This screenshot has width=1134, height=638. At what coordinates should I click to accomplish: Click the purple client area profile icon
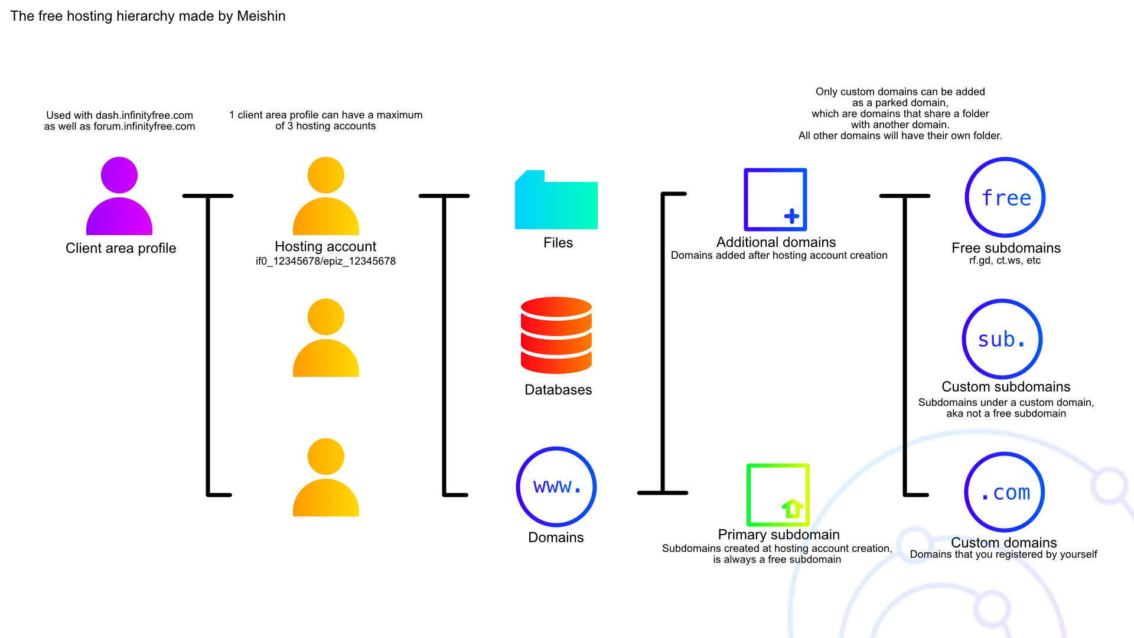coord(119,196)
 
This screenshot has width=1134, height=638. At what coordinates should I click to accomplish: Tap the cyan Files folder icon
coord(556,201)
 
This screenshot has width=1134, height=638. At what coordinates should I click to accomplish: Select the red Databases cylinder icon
coord(556,335)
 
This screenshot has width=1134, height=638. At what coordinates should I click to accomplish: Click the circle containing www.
coord(556,486)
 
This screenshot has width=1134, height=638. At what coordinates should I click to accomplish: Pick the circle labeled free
coord(1005,197)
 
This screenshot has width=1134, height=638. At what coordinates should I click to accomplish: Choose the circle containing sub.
coord(1002,339)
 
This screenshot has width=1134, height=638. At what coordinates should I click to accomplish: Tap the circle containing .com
coord(1005,492)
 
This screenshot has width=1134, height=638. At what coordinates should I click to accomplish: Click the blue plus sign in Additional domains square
coord(791,216)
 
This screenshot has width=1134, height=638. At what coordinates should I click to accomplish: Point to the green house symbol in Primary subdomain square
coord(793,508)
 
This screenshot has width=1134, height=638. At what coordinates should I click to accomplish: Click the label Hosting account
coord(325,246)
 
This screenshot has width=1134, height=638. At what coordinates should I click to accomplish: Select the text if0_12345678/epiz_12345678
coord(325,261)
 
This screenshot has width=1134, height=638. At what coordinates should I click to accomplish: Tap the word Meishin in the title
coord(261,16)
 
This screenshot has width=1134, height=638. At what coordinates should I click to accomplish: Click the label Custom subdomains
coord(1006,386)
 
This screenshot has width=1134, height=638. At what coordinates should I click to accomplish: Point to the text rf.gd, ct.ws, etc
coord(1005,261)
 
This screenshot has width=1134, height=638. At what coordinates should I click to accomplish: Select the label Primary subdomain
coord(778,535)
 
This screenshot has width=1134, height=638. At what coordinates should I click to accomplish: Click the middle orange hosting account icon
coord(326,338)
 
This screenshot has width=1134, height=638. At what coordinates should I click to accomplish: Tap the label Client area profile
coord(120,248)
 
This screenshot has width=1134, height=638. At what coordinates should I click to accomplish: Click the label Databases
coord(558,390)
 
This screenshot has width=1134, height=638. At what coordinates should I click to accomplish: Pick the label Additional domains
coord(776,242)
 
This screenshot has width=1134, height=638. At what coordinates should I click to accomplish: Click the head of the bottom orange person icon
coord(326,457)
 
